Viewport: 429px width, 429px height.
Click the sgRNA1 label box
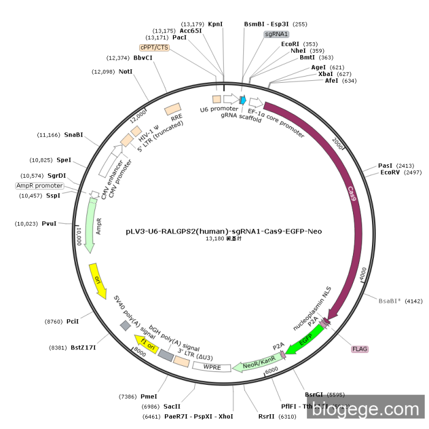(x=276, y=34)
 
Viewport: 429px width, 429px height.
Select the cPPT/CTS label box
(x=154, y=47)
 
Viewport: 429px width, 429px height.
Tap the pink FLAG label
(x=360, y=349)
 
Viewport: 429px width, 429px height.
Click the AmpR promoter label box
(x=39, y=186)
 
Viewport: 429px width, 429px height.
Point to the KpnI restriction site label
(x=215, y=24)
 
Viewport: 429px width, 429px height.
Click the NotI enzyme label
(x=126, y=72)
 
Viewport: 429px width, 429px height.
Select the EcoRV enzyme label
(x=390, y=173)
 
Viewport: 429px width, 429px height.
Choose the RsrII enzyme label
(x=267, y=416)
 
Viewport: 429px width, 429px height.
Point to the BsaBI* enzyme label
(x=392, y=301)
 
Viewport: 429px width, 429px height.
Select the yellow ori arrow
(x=97, y=279)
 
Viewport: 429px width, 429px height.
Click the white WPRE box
(x=211, y=366)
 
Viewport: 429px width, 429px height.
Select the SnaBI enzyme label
(x=73, y=135)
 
